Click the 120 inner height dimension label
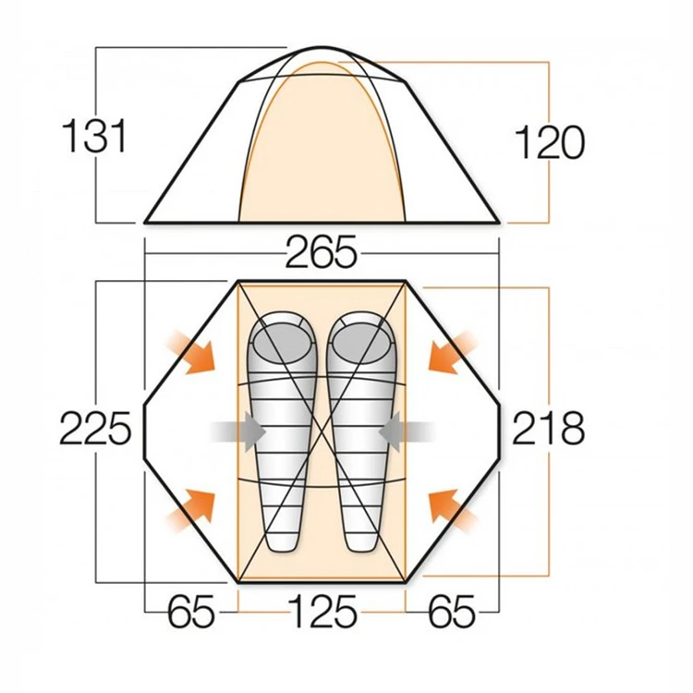click(x=549, y=143)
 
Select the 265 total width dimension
click(x=321, y=253)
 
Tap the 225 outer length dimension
click(x=95, y=429)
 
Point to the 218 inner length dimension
click(x=549, y=429)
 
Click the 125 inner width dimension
click(x=321, y=611)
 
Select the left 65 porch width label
click(x=191, y=611)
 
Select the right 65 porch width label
click(x=452, y=611)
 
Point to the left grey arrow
click(x=239, y=430)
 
